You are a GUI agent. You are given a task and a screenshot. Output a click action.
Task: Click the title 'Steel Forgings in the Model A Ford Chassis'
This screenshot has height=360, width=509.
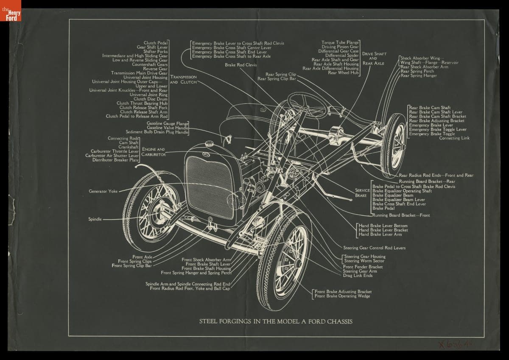tap(276, 321)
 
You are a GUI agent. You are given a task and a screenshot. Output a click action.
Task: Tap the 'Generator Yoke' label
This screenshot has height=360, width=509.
tap(103, 191)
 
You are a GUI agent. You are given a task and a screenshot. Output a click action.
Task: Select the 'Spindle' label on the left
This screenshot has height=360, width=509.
tap(95, 219)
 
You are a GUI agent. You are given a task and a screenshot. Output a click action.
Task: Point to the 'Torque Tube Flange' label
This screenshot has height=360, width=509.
tap(340, 42)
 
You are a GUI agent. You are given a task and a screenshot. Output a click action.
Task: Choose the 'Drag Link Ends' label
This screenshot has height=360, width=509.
tap(358, 276)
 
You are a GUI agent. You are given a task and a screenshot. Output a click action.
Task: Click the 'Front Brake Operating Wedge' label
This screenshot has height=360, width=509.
tap(342, 296)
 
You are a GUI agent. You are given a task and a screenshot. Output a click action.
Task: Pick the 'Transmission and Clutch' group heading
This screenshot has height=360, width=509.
tap(183, 79)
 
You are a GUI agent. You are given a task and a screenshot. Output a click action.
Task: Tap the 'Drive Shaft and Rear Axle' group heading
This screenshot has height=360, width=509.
tap(374, 59)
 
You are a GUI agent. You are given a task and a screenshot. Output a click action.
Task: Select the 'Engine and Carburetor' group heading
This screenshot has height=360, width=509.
tap(154, 152)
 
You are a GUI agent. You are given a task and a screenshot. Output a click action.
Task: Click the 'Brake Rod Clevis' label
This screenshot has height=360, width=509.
tap(241, 65)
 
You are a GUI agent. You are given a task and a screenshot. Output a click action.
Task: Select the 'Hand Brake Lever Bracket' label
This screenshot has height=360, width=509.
tap(383, 230)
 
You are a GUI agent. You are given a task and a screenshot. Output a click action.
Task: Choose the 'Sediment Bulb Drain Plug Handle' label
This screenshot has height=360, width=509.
tap(157, 132)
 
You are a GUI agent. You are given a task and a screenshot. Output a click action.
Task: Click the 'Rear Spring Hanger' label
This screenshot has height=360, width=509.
tap(419, 76)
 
